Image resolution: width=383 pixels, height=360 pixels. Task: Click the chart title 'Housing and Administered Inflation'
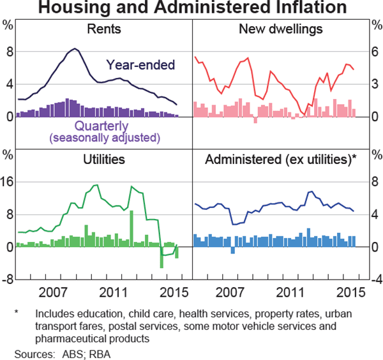click(191, 8)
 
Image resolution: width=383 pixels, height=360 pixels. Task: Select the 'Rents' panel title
click(105, 29)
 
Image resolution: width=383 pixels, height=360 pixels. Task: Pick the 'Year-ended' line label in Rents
click(140, 64)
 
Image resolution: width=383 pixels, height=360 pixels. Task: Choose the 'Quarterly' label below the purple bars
click(104, 125)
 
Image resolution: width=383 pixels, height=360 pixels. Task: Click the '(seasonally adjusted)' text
click(104, 137)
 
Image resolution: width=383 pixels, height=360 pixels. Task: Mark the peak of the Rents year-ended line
click(75, 49)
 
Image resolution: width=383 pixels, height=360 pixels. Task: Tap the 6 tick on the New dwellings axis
click(375, 50)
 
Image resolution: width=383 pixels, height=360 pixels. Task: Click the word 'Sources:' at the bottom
click(31, 352)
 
